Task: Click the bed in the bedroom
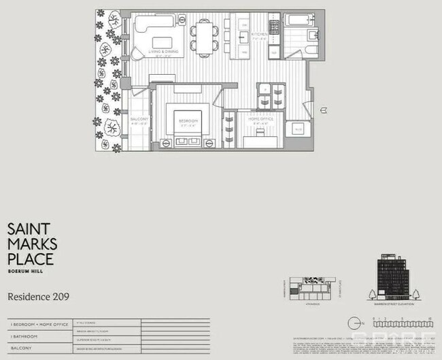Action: coord(188,127)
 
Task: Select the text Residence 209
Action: coord(38,297)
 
